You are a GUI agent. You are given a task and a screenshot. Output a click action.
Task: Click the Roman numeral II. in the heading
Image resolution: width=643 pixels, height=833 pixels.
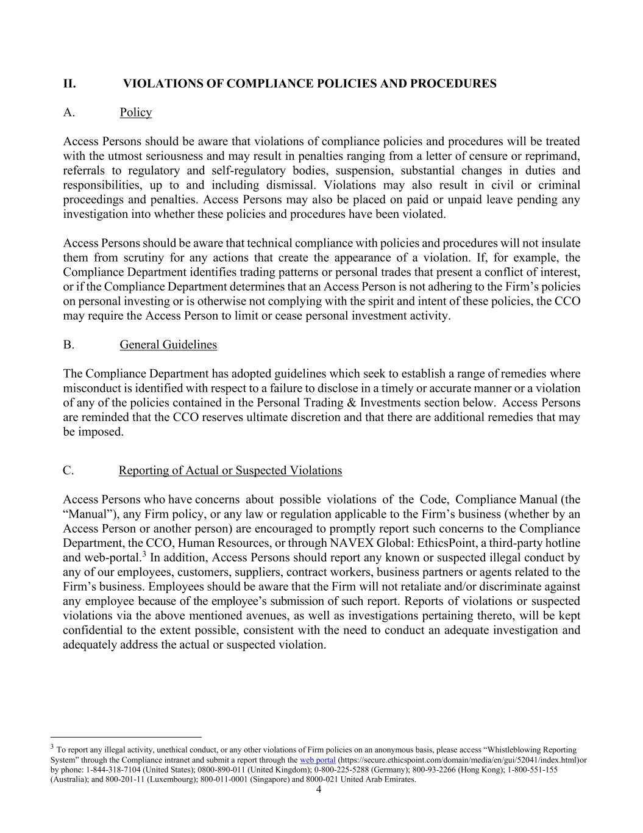point(69,84)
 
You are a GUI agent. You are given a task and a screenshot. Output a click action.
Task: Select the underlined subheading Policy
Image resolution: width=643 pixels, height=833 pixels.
point(135,112)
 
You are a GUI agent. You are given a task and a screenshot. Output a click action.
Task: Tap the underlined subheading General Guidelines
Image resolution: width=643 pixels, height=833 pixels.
point(168,345)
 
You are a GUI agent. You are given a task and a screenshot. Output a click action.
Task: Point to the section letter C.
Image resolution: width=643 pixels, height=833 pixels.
point(68,471)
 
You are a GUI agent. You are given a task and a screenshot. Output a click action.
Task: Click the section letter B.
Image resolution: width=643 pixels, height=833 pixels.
point(68,345)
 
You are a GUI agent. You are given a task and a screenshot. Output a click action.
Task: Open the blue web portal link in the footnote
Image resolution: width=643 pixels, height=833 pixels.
point(318,760)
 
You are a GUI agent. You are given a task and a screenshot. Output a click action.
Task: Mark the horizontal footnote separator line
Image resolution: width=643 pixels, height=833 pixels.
point(126,737)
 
